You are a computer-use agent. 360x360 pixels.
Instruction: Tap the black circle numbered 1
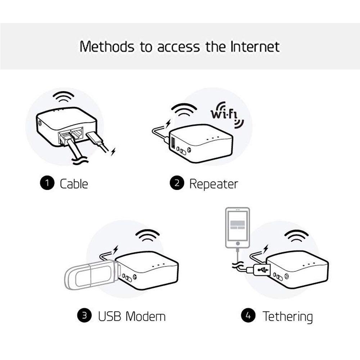tap(47, 184)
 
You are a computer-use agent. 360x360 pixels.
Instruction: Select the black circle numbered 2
tap(177, 184)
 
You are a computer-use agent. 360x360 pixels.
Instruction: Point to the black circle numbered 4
tap(248, 316)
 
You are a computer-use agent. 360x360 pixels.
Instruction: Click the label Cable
tap(74, 184)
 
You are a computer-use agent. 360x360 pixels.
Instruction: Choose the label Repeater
tap(213, 184)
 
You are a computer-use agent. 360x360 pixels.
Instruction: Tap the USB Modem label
tap(132, 316)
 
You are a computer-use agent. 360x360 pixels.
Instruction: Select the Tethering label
tap(287, 316)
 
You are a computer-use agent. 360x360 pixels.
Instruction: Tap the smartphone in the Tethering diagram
tap(237, 228)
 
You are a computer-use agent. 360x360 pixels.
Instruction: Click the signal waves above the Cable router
tap(63, 96)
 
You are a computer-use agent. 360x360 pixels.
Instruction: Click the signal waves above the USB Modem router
tap(148, 236)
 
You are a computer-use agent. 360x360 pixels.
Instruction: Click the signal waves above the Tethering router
tap(296, 236)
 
